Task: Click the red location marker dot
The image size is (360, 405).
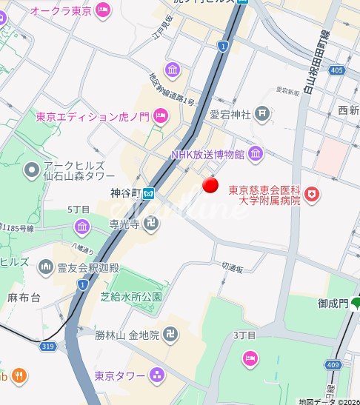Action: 211,185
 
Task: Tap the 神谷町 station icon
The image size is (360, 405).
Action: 148,194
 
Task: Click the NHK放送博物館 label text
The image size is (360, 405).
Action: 209,155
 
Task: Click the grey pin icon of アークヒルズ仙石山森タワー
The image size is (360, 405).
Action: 30,172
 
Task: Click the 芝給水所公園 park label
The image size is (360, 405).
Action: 130,296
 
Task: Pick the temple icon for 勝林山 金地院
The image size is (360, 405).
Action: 172,335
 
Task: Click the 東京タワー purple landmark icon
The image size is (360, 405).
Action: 156,375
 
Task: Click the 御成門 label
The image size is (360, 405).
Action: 333,303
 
